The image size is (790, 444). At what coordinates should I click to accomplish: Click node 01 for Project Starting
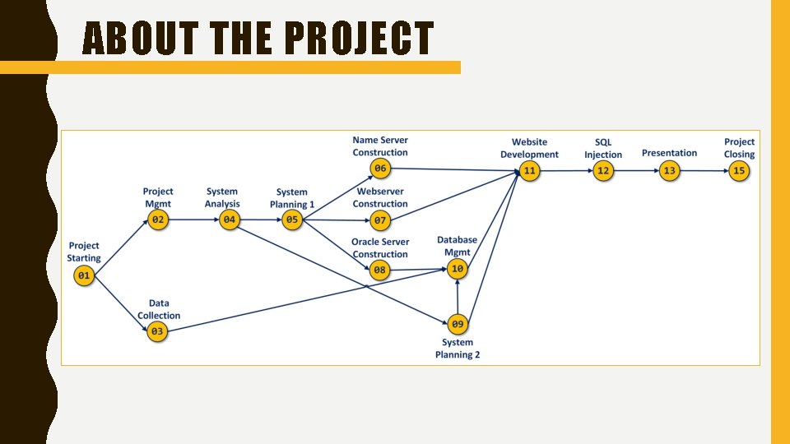point(84,276)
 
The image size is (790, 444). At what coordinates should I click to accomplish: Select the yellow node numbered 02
point(158,220)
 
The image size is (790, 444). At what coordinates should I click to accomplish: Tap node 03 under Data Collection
point(158,332)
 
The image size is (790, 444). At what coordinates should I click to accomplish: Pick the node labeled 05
point(292,220)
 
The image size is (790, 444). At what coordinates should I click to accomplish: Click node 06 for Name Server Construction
point(380,169)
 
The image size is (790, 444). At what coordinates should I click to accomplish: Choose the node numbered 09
point(458,323)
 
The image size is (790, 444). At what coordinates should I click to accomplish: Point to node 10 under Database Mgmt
point(458,269)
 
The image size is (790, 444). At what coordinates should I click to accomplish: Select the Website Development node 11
point(529,171)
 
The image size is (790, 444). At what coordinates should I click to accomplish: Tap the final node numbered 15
point(739,171)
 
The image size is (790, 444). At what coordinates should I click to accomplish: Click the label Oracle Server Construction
point(380,247)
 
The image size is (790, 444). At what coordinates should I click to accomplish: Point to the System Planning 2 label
point(458,349)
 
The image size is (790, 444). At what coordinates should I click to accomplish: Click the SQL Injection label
point(603,148)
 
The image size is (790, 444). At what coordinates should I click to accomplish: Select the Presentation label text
point(669,153)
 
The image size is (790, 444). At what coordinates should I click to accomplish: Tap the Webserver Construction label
point(380,197)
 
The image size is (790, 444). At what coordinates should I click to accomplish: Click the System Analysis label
point(222,197)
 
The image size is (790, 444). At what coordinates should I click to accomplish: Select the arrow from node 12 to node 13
point(636,171)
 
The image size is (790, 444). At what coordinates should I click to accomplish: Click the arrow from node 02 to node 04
point(193,220)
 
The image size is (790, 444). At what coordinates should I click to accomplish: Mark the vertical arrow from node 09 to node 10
point(458,296)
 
